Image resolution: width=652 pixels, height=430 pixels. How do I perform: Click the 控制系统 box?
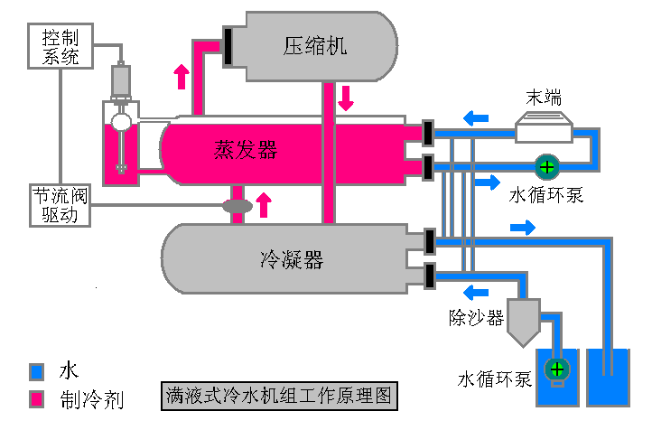(x=61, y=47)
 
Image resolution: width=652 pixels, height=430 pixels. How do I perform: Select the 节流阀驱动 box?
(x=59, y=205)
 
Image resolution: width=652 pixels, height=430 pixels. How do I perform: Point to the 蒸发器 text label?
(x=246, y=149)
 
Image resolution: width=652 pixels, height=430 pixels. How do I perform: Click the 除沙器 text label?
(x=476, y=317)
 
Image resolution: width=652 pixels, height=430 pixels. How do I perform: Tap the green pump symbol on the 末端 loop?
(x=546, y=166)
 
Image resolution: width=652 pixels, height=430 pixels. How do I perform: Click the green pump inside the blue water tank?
(x=557, y=369)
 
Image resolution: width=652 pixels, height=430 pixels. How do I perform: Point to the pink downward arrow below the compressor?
(x=346, y=97)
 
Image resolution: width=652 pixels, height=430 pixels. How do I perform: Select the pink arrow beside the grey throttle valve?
(x=264, y=204)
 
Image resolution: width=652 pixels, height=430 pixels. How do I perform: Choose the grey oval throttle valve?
(x=238, y=207)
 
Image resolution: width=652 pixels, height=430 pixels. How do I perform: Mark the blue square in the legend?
(x=36, y=370)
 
